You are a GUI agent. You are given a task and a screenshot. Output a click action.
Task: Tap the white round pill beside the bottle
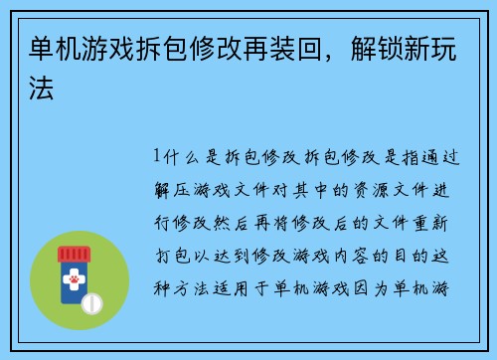tap(92, 301)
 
